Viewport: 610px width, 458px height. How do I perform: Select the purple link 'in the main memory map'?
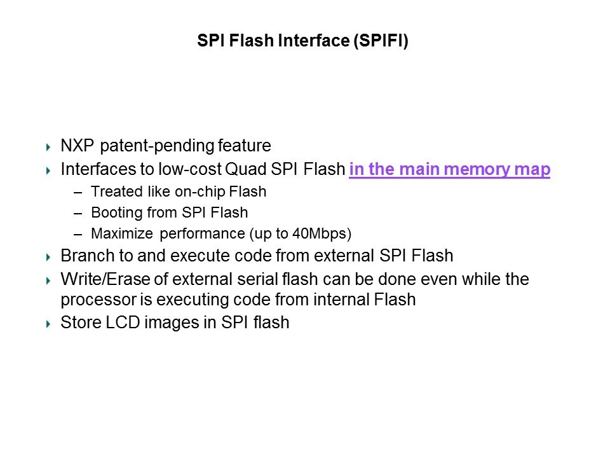coord(450,169)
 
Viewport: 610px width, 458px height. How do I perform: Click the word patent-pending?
coord(157,146)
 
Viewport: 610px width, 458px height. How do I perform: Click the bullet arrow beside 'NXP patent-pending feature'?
coord(48,147)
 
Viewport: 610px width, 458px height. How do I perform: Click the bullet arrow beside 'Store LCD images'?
coord(48,324)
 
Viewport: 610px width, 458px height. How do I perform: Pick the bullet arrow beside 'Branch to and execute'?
coord(48,258)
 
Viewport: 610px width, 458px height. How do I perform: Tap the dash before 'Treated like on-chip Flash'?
coord(78,192)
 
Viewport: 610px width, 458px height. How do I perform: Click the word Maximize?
coord(122,233)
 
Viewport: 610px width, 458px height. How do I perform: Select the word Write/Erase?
coord(105,279)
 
